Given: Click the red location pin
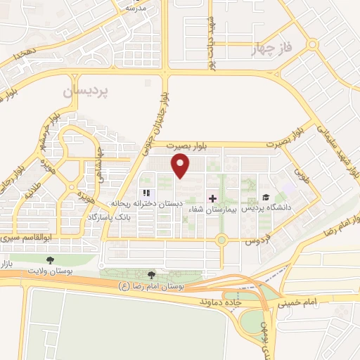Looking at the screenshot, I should [181, 166].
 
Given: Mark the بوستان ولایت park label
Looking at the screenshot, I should [49, 270].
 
